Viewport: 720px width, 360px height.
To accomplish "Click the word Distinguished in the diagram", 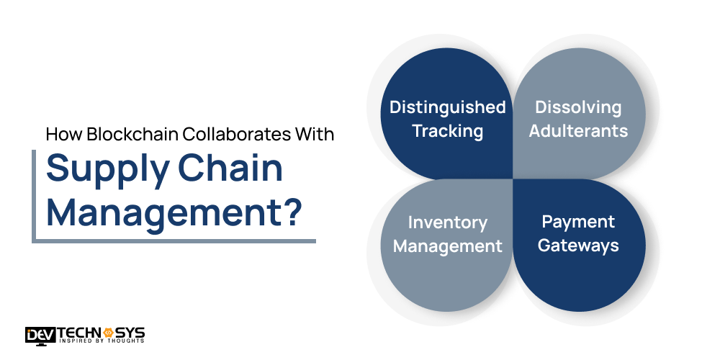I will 447,107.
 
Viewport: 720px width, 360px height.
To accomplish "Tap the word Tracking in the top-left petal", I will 447,131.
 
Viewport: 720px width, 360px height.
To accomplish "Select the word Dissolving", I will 577,107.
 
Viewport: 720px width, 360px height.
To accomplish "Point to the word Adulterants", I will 577,131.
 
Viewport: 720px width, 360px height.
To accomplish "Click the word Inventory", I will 447,222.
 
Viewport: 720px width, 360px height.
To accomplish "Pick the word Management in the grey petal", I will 447,246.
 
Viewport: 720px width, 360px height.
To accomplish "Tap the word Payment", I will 577,222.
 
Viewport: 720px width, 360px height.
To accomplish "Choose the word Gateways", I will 577,246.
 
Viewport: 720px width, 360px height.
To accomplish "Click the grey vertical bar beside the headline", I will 34,195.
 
